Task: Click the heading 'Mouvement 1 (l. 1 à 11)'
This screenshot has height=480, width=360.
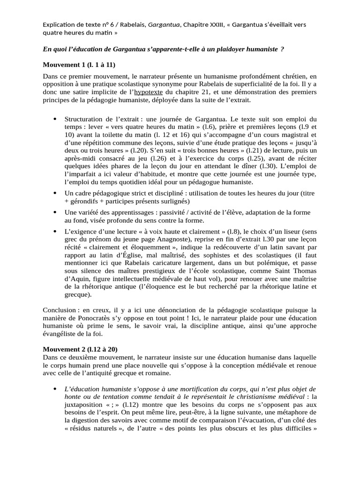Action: (x=79, y=65)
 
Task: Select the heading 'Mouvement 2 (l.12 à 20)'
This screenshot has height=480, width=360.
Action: (x=80, y=349)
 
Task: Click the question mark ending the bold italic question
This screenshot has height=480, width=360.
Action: (x=282, y=49)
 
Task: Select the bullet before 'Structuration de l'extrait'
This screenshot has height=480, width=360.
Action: (x=56, y=119)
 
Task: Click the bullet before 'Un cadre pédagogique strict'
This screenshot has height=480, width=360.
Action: (x=56, y=193)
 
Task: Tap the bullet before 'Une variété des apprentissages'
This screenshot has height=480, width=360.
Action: (x=56, y=212)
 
